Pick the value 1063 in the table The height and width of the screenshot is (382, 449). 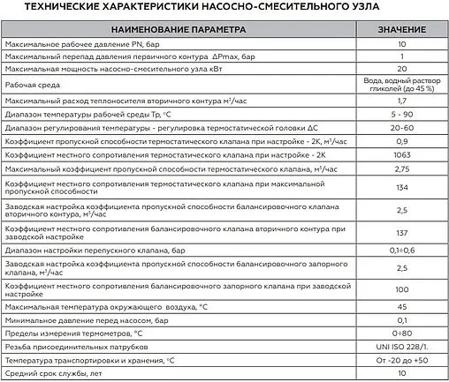pos(400,154)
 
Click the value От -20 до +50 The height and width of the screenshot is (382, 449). pos(400,361)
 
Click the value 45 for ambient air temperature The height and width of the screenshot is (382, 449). pos(400,307)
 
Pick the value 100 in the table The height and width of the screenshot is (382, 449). pos(400,288)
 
